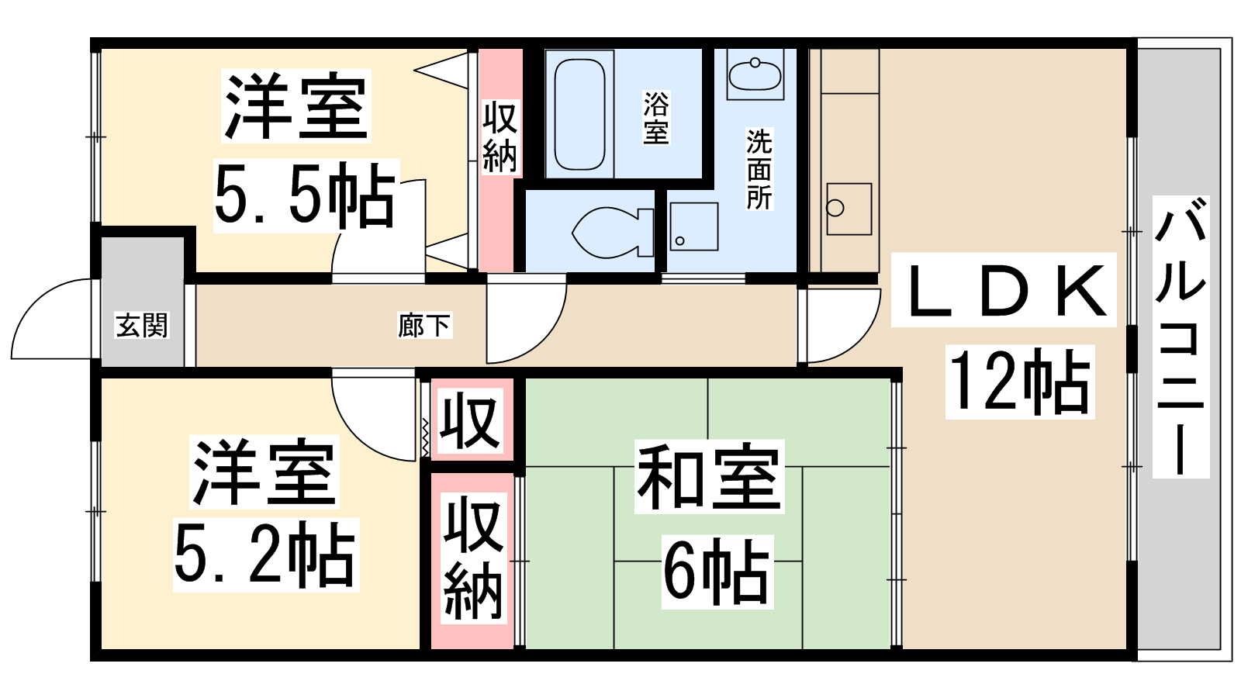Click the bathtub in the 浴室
coord(579,114)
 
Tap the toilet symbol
coord(613,233)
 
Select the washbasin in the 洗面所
coord(755,75)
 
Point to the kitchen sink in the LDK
coord(849,209)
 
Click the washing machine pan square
coord(694,226)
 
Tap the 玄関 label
coord(142,325)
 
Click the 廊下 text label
coord(423,325)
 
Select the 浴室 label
coord(656,117)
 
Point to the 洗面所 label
coord(759,169)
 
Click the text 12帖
coord(1020,382)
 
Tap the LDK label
coord(1004,290)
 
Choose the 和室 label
coord(709,476)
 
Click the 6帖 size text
coord(717,572)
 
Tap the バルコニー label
coord(1181,337)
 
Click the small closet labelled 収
coord(471,421)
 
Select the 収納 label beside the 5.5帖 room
coord(500,136)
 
